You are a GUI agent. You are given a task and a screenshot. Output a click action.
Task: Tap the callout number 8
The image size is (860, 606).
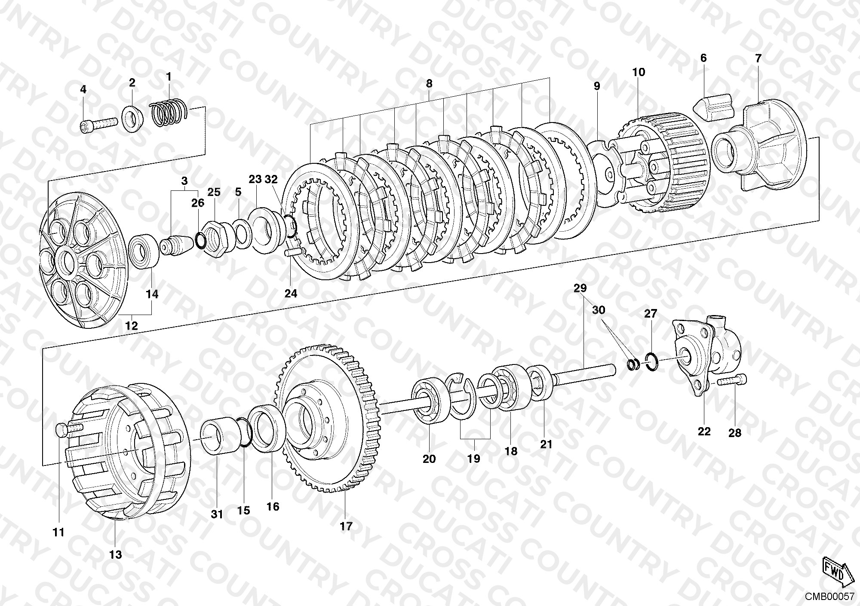(429, 84)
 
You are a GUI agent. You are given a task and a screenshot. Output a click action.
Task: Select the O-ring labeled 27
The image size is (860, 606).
(652, 361)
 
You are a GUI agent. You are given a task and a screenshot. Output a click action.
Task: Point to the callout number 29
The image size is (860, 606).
(580, 288)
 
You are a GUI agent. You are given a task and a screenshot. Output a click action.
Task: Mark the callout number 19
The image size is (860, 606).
(473, 459)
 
